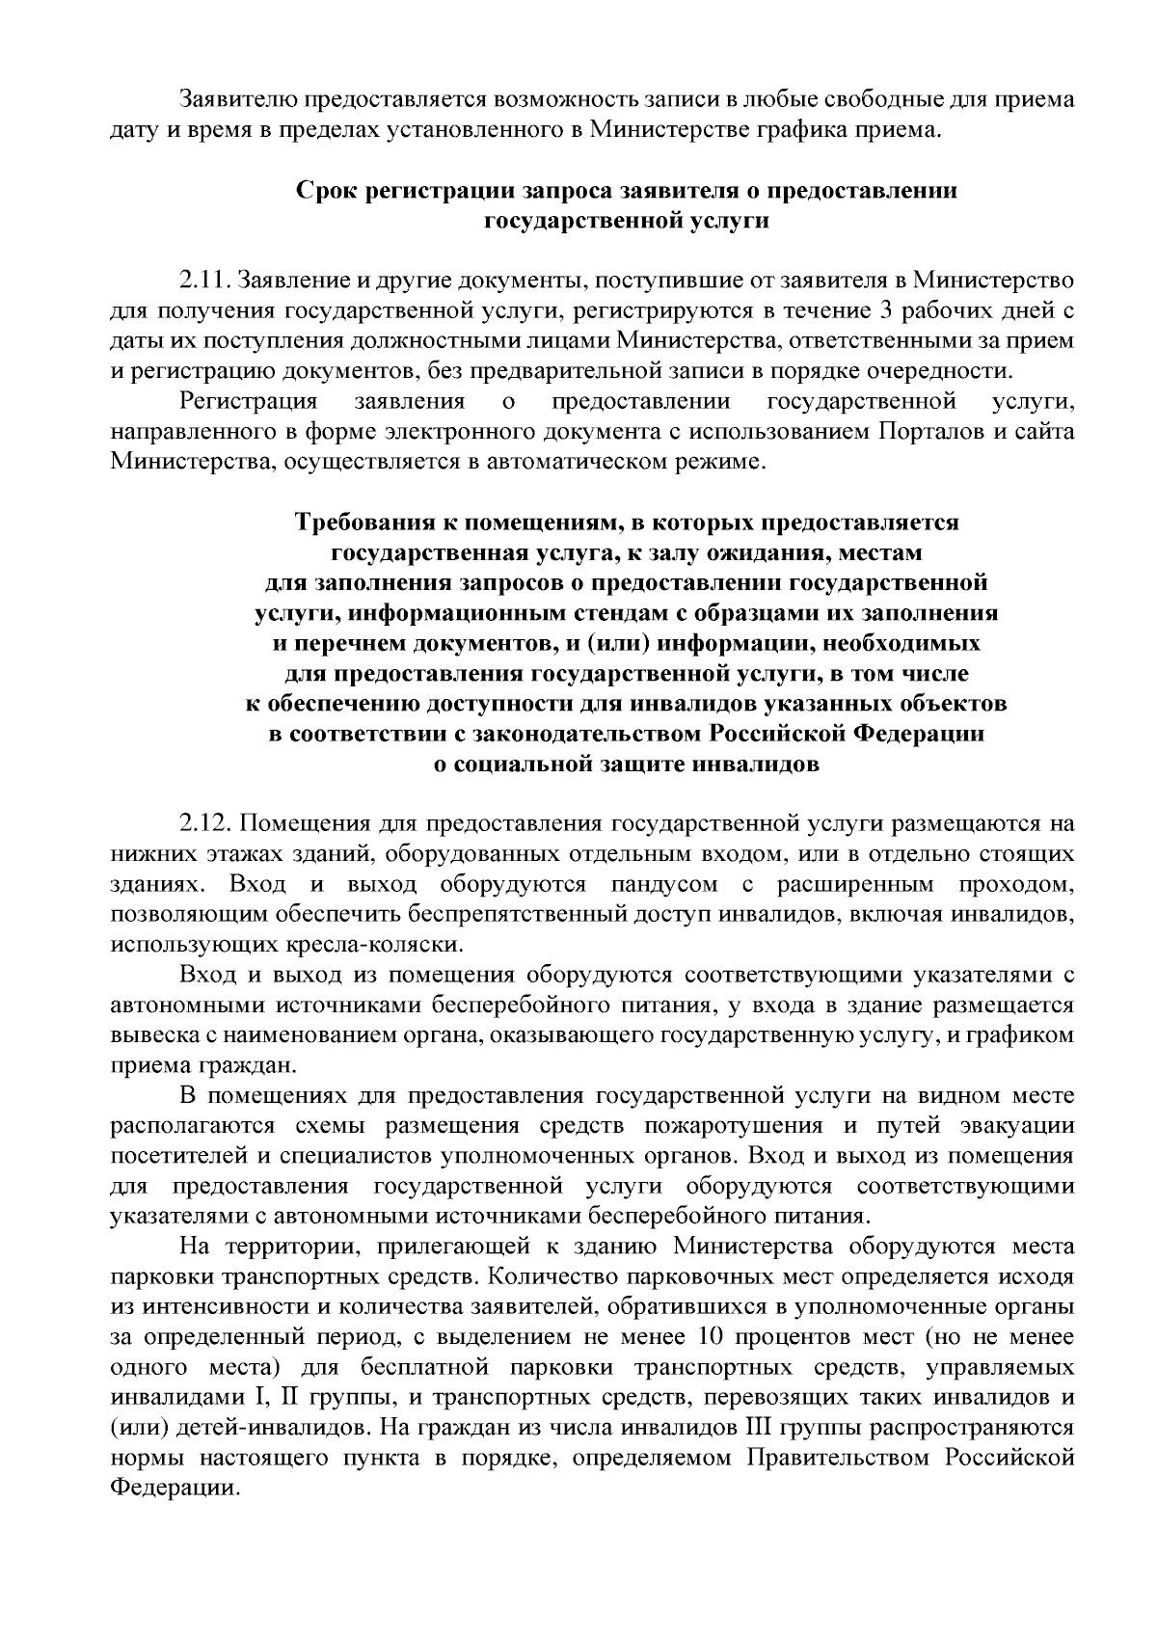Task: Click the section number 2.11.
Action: pyautogui.click(x=204, y=282)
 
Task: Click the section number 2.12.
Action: pyautogui.click(x=204, y=824)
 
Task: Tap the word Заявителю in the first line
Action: pyautogui.click(x=239, y=99)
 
